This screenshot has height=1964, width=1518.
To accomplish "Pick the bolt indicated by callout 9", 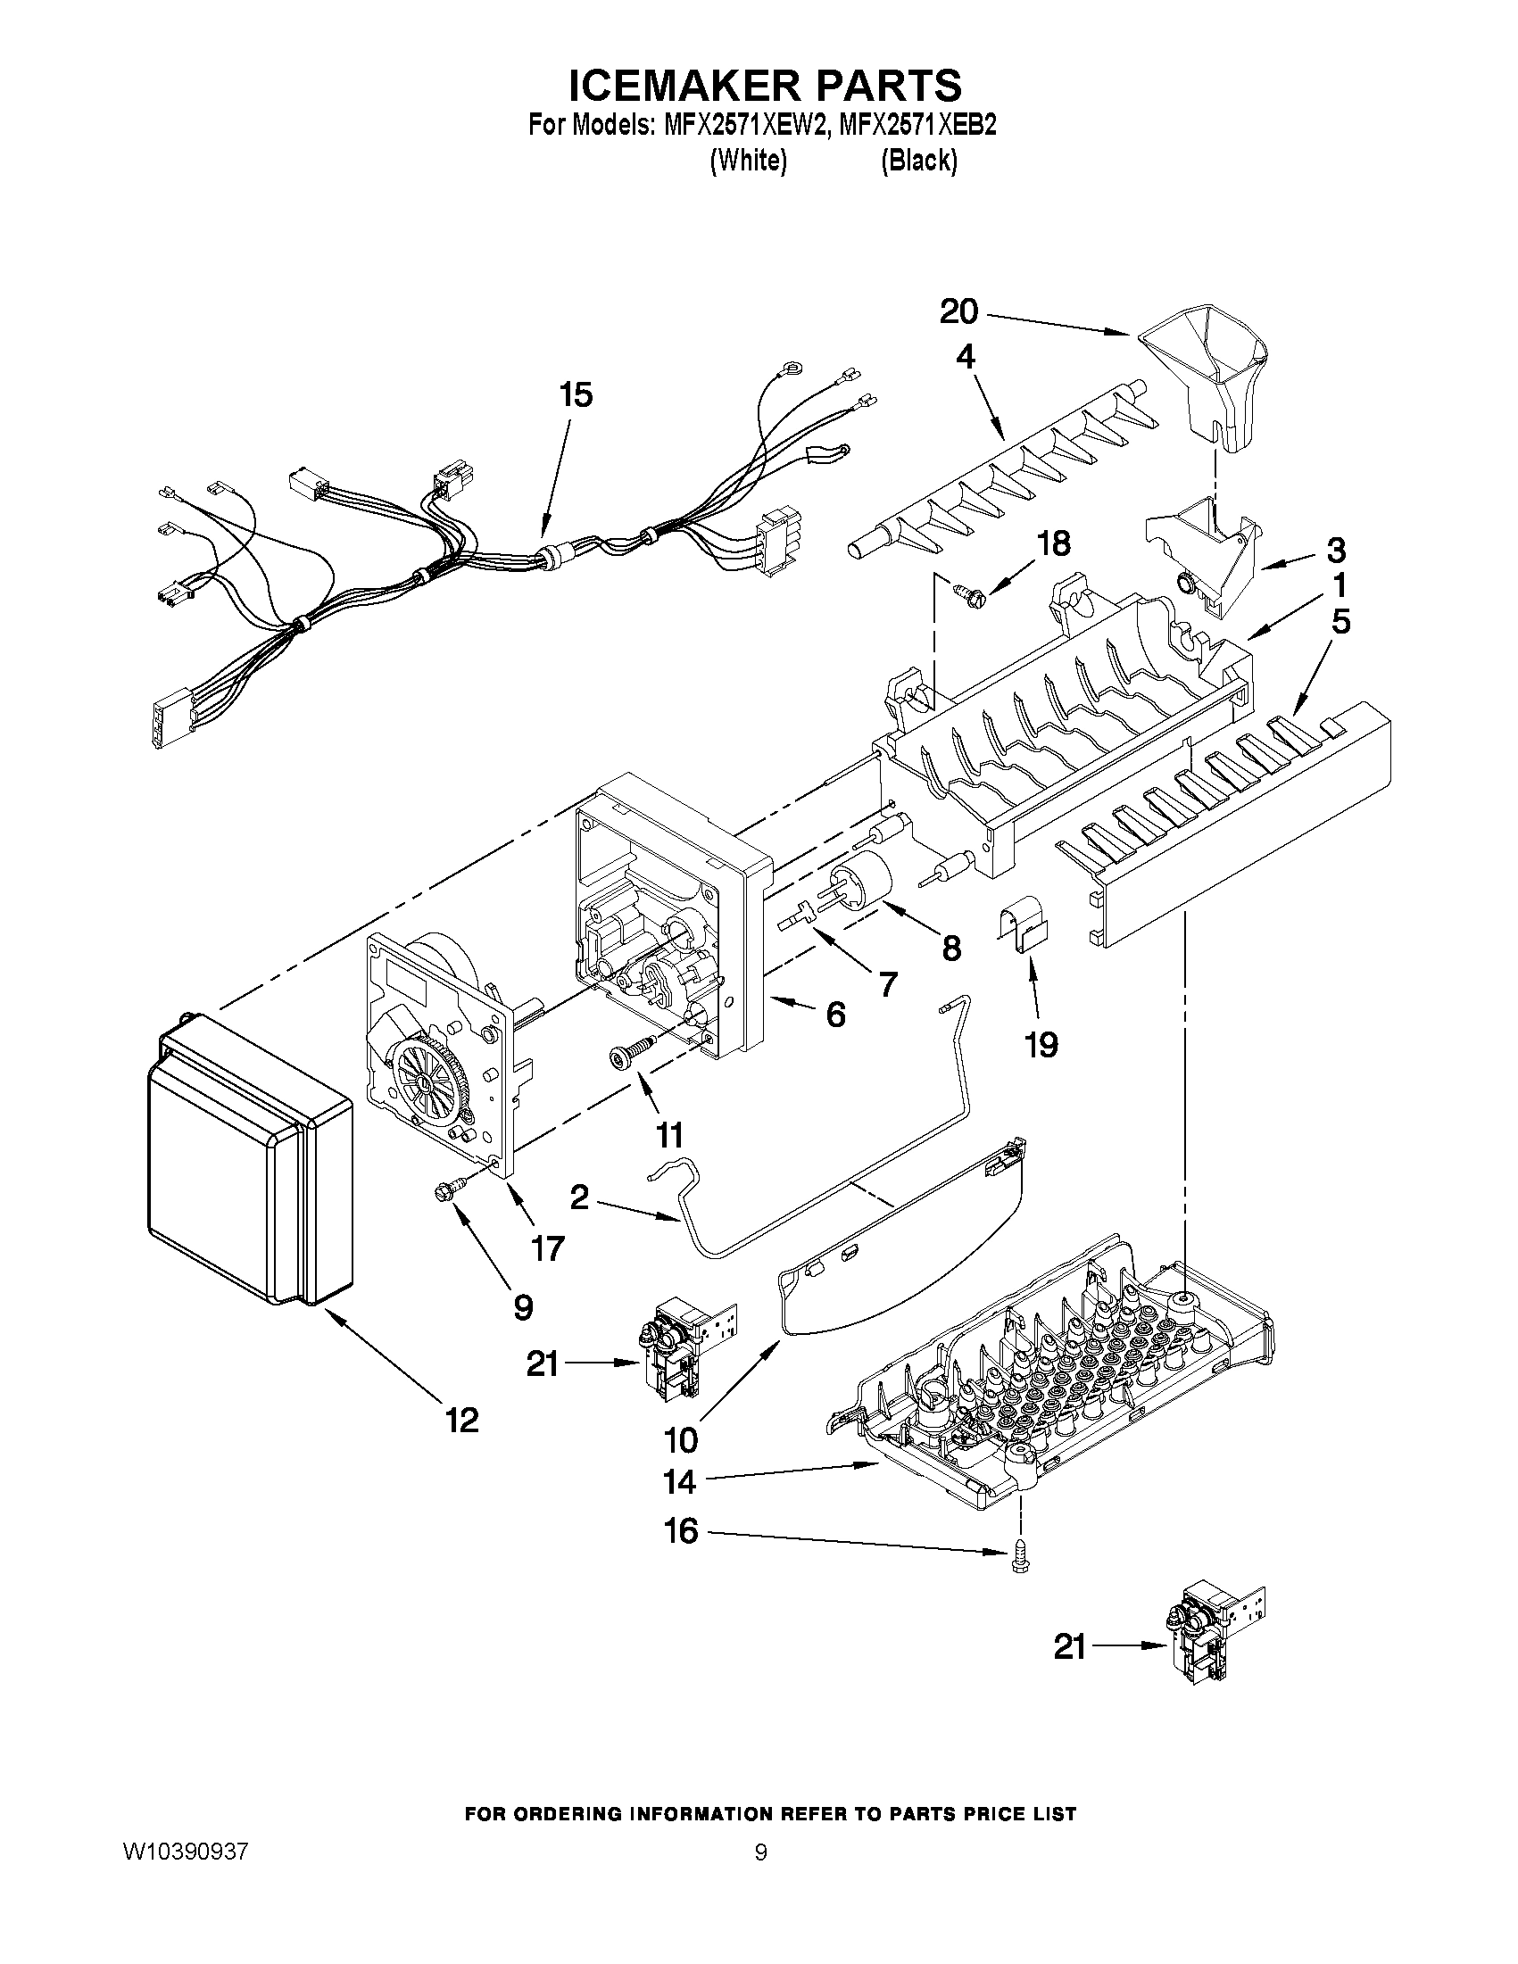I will pyautogui.click(x=449, y=1191).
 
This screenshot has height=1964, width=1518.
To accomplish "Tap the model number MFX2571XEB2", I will pyautogui.click(x=917, y=125).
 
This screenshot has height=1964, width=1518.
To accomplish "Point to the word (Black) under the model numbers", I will pyautogui.click(x=918, y=161).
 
